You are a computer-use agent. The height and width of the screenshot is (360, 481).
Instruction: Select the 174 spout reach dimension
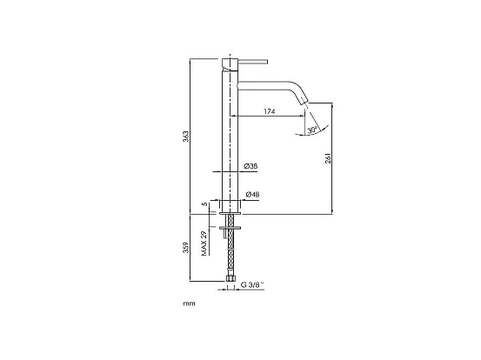click(269, 112)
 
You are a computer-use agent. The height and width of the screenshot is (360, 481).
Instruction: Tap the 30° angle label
click(311, 130)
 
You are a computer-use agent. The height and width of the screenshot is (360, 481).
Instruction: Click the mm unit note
click(188, 304)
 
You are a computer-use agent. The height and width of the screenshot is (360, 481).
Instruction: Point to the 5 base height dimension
click(204, 205)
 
